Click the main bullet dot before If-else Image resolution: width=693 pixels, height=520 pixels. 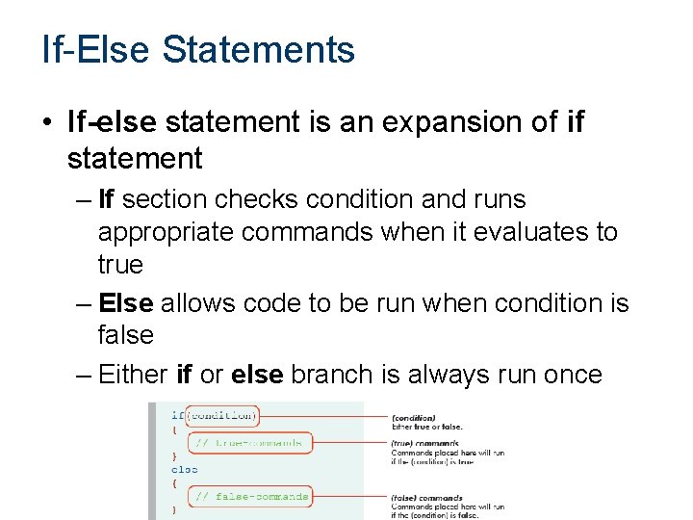click(x=47, y=123)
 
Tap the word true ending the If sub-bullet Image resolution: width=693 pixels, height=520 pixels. click(x=120, y=265)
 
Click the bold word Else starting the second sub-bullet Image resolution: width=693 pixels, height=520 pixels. click(x=125, y=302)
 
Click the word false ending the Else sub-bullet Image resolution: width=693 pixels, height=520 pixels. click(x=125, y=335)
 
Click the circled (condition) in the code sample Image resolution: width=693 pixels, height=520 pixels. click(x=223, y=416)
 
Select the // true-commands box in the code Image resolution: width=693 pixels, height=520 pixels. click(x=248, y=443)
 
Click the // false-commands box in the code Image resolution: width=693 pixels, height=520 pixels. click(x=250, y=497)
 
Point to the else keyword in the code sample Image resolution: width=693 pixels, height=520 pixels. click(x=184, y=470)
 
